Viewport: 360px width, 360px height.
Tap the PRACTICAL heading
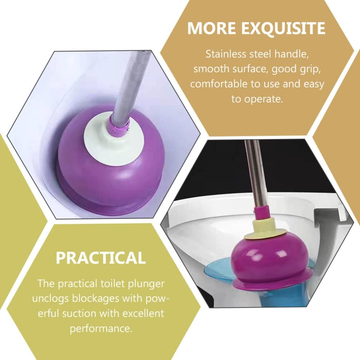(x=101, y=258)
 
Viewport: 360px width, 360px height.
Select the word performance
(x=101, y=328)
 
